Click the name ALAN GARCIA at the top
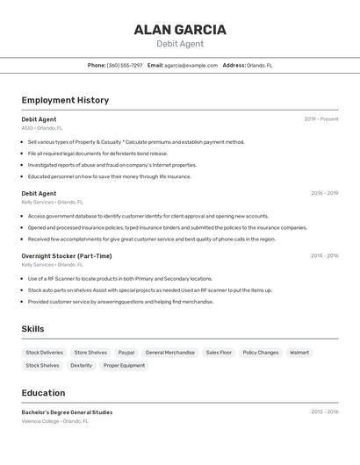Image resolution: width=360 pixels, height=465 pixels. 180,30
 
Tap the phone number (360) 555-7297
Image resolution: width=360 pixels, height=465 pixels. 125,65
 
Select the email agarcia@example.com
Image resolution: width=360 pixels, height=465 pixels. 191,65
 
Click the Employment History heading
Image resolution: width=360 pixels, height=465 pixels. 65,100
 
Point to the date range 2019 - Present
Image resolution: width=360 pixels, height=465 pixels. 321,119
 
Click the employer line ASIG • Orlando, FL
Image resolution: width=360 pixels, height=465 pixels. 42,128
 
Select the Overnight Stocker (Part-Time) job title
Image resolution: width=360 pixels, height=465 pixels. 67,255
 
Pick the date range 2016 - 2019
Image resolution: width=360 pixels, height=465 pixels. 325,193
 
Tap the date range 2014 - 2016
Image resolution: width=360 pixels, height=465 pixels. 325,256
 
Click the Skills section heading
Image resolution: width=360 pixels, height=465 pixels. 33,329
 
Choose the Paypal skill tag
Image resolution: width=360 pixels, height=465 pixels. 126,353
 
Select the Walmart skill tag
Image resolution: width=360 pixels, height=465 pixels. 299,353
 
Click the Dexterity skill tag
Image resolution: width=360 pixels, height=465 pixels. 82,365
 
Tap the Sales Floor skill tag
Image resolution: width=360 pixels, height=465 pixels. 219,353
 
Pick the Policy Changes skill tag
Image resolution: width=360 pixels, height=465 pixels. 261,353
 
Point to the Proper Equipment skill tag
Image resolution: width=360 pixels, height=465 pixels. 124,365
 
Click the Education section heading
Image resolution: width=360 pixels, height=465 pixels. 44,393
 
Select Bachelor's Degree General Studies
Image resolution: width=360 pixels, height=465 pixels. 67,412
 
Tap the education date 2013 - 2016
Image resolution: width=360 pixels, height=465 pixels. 325,411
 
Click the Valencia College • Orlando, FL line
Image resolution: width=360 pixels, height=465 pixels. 55,421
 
